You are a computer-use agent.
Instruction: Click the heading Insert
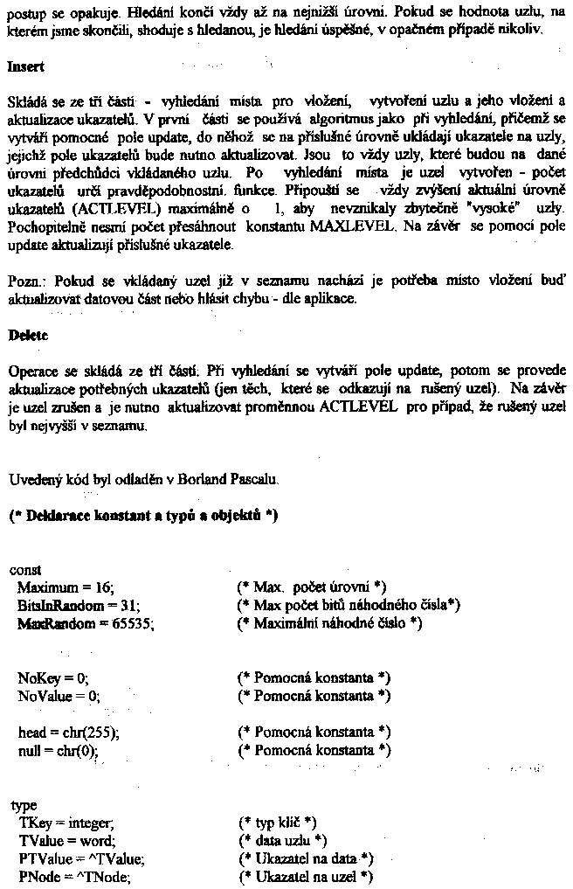tap(25, 66)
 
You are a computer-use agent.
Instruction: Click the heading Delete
tap(27, 335)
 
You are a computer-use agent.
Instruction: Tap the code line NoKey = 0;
tap(53, 677)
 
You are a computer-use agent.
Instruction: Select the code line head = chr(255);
tap(68, 732)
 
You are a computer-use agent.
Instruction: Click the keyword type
tap(24, 806)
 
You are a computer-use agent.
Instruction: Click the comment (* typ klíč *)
tap(277, 823)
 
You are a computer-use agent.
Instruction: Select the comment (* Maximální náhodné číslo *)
tap(330, 622)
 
